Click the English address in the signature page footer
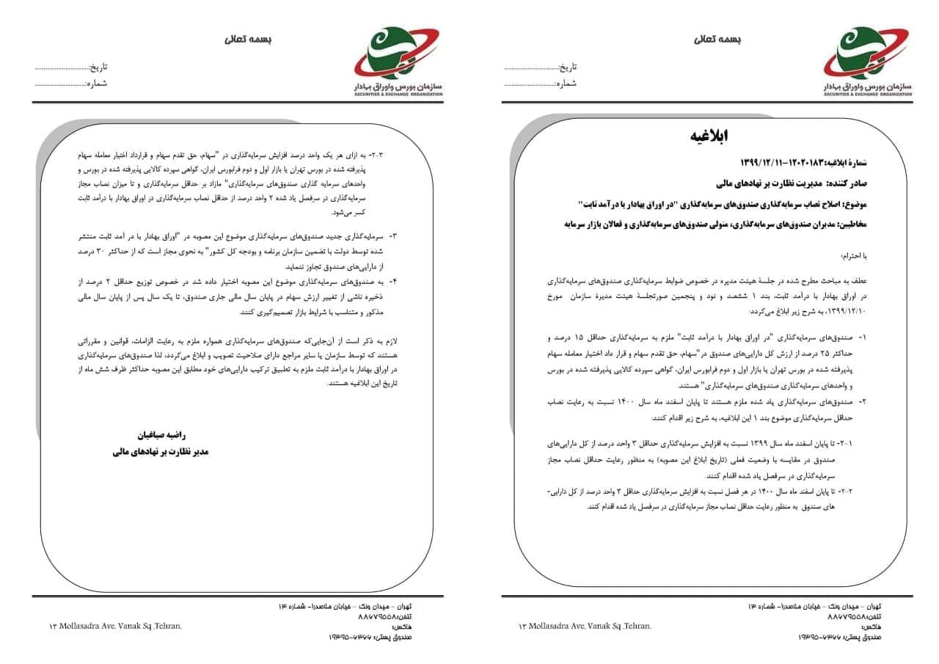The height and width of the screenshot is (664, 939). pos(114,626)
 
